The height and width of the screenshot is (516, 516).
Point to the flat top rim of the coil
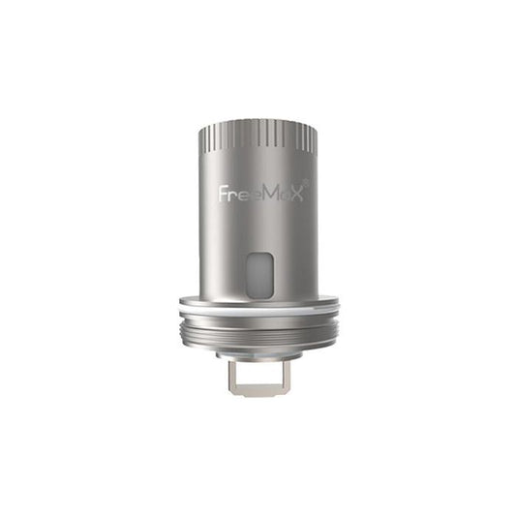coord(258,124)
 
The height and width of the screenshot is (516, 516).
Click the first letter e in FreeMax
coord(238,194)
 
